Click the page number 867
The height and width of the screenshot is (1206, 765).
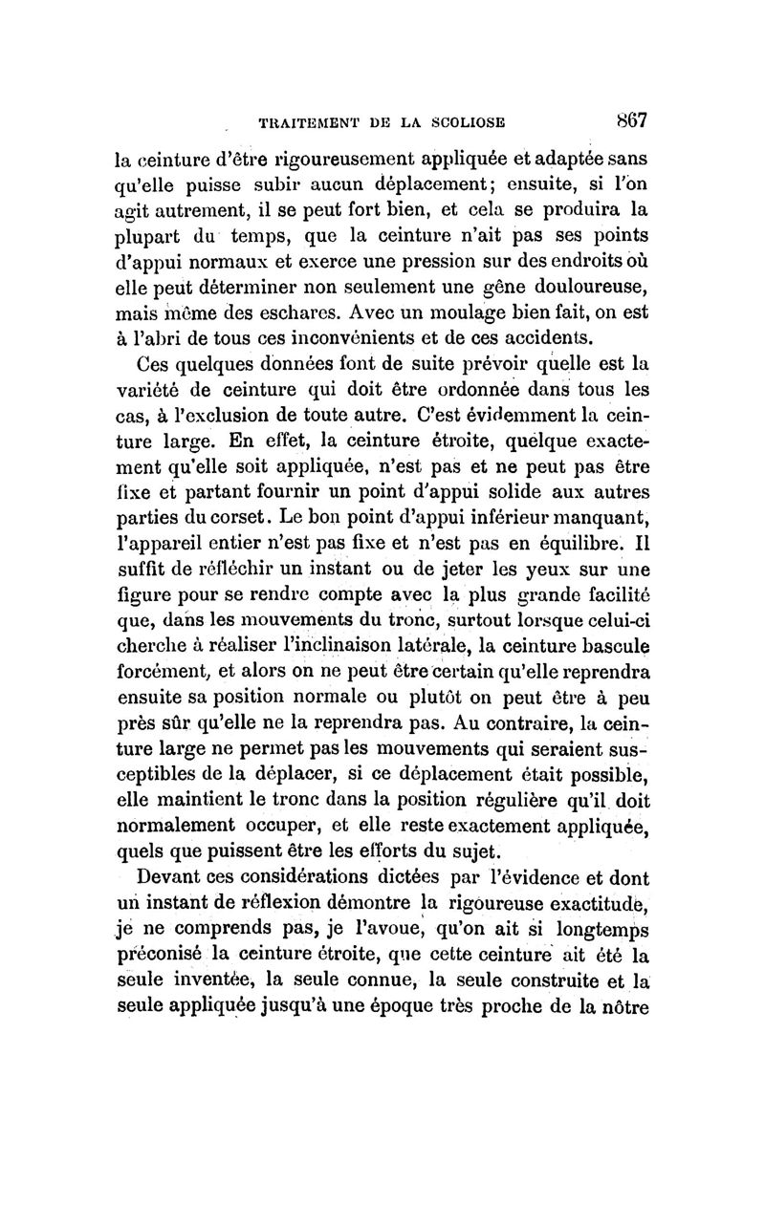point(633,120)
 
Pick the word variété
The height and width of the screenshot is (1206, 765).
point(152,385)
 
